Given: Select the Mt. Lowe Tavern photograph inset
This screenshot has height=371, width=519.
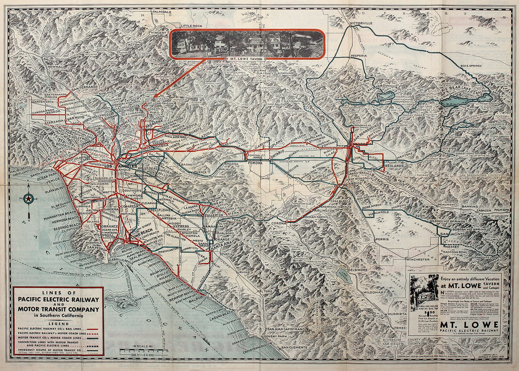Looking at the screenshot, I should pyautogui.click(x=247, y=44).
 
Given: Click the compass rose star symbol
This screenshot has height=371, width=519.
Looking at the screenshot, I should pyautogui.click(x=29, y=199).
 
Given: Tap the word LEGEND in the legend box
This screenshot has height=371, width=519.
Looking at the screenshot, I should pyautogui.click(x=58, y=323).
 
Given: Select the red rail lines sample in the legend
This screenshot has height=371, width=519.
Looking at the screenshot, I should pyautogui.click(x=93, y=329).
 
